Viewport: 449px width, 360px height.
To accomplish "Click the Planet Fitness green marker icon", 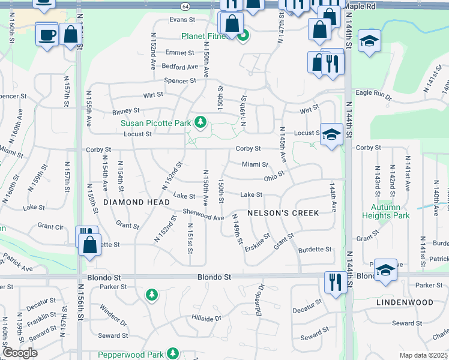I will [x=243, y=37].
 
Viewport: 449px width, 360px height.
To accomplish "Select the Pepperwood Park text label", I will [x=130, y=355].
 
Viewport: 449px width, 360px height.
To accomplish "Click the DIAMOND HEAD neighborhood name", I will [x=136, y=202].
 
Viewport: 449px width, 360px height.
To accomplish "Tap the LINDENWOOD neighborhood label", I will [x=405, y=302].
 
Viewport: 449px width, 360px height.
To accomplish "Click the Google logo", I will [x=19, y=353].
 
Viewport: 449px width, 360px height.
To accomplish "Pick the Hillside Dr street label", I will [x=206, y=317].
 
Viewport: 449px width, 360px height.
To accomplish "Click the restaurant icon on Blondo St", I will [x=333, y=281].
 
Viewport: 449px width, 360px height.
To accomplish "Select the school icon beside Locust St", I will [x=331, y=134].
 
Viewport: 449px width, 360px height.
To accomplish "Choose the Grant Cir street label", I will [x=50, y=227].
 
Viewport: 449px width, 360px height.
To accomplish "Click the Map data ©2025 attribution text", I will [x=423, y=355].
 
